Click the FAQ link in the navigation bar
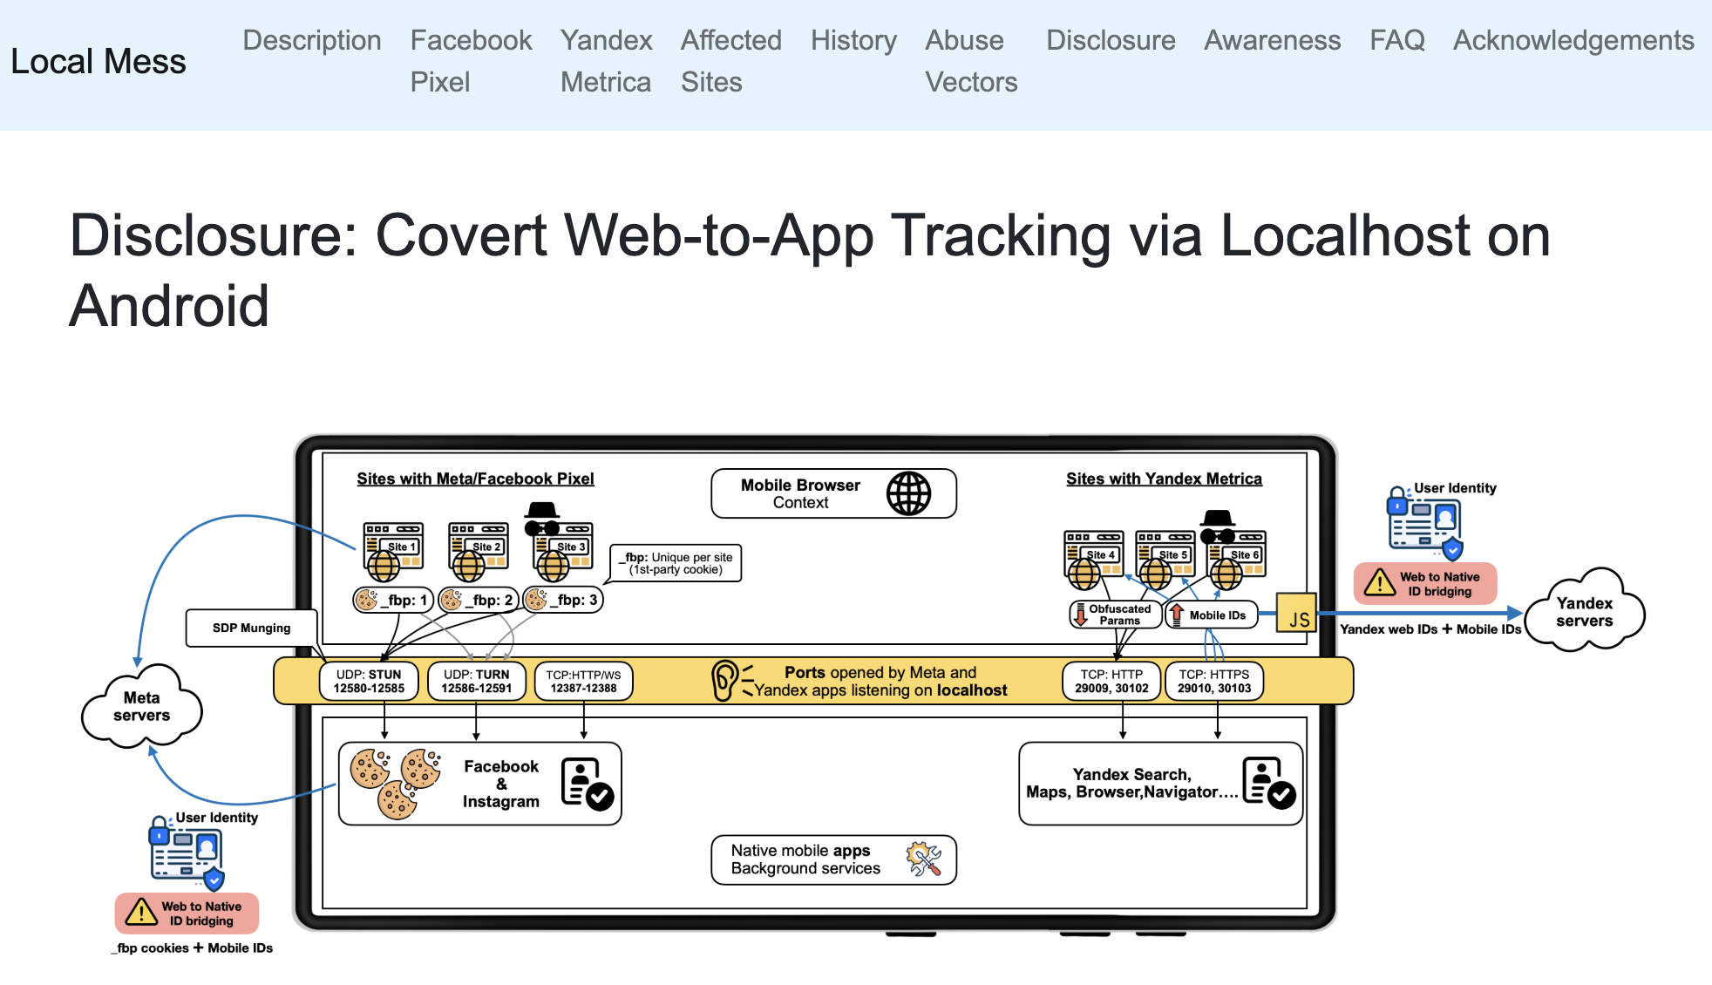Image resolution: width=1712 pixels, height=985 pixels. click(1396, 40)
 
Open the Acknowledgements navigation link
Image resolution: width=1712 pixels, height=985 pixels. click(1573, 40)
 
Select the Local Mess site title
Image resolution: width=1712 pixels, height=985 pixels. click(99, 62)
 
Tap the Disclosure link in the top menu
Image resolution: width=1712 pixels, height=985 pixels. click(1111, 40)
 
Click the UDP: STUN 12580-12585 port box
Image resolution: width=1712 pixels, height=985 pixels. click(369, 681)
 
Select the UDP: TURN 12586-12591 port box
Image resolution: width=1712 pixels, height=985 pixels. click(476, 681)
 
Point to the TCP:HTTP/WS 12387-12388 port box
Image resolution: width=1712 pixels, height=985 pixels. click(583, 681)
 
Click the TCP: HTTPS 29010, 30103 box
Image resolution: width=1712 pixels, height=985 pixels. click(1214, 681)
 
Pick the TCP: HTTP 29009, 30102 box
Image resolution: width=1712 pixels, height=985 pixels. click(1111, 681)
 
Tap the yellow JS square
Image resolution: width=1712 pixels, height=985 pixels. click(1296, 613)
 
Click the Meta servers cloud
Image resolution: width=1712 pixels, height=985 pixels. click(141, 707)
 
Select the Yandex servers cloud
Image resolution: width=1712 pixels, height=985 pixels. click(1584, 612)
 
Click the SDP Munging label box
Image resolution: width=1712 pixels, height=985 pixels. click(251, 628)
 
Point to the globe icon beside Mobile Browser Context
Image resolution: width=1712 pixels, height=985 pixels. click(908, 493)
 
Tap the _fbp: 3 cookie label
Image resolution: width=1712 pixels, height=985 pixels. click(564, 600)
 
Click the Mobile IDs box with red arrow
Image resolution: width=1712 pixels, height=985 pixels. click(1211, 615)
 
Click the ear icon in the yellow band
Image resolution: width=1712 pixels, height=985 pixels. click(724, 681)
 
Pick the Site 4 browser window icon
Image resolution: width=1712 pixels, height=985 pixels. click(1092, 554)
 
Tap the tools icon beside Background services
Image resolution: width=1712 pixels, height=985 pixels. click(923, 859)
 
